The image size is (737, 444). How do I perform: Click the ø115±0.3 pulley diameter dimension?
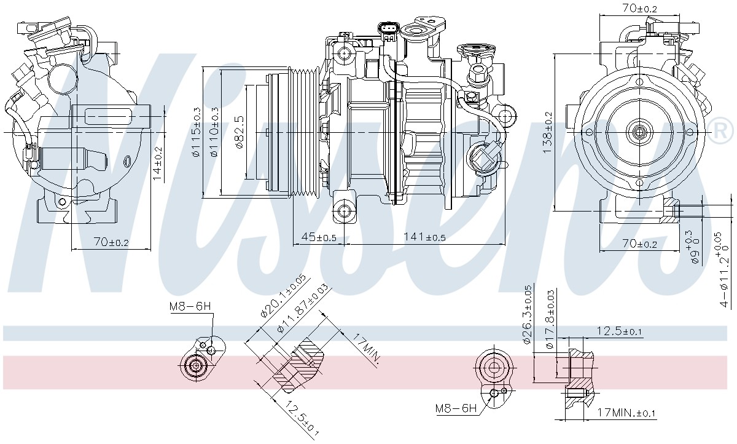pos(196,132)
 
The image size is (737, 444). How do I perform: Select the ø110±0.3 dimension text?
pos(214,132)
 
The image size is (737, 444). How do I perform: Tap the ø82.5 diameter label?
pos(240,132)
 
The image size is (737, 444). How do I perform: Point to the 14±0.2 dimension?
pos(158,164)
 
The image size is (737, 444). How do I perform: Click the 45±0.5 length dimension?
pos(319,237)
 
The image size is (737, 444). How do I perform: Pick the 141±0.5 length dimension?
pos(424,237)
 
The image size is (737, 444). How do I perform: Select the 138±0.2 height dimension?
pos(547,132)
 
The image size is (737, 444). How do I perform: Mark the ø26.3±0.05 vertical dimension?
pos(527,315)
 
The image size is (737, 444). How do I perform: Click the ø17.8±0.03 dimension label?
pos(550,319)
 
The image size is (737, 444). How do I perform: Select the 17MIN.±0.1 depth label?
pos(626,413)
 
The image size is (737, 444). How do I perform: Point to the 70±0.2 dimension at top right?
pos(639,9)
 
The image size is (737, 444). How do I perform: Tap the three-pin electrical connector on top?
pos(389,31)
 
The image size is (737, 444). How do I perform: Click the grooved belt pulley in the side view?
pos(305,132)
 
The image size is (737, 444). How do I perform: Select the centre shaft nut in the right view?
pos(639,132)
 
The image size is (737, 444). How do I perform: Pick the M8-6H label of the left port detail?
pos(190,307)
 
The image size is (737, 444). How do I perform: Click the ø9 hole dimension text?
pos(695,252)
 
